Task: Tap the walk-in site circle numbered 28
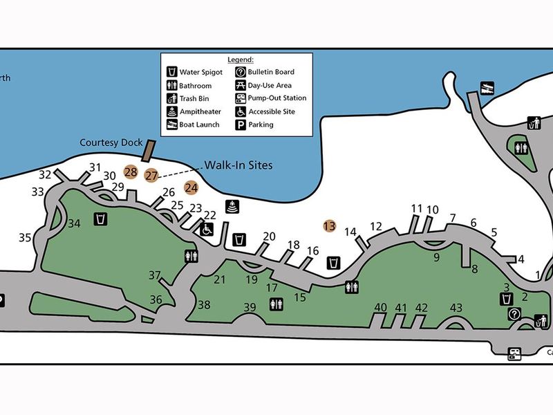[x=131, y=172]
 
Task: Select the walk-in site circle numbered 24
[x=191, y=187]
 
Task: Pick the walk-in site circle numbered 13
[x=330, y=225]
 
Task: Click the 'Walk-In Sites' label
[x=238, y=165]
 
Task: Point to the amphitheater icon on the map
[x=232, y=205]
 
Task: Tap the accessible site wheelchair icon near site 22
[x=206, y=229]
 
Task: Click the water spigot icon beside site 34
[x=101, y=219]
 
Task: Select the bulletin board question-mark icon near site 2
[x=514, y=314]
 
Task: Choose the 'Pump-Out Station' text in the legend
[x=277, y=98]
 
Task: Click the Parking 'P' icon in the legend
[x=240, y=125]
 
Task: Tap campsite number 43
[x=456, y=307]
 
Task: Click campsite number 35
[x=26, y=238]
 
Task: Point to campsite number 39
[x=250, y=307]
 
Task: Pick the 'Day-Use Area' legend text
[x=272, y=85]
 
